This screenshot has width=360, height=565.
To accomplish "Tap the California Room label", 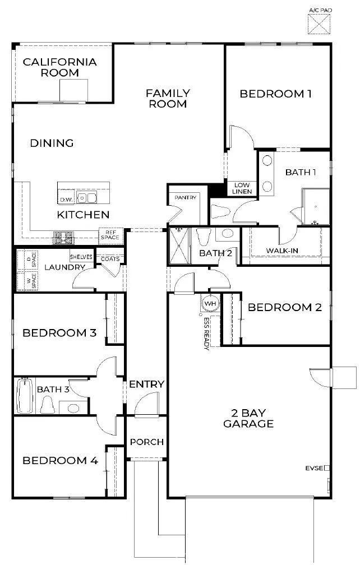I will pos(59,67).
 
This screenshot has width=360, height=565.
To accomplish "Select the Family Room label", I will pos(168,98).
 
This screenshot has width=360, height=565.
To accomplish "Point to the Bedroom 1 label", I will pos(275,94).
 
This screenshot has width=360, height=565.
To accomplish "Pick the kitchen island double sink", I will pos(87,198).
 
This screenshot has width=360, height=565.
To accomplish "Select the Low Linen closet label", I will pos(242,188).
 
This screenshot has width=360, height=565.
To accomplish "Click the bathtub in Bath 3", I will pos(25,396).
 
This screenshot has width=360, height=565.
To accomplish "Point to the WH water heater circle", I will pos(210,303).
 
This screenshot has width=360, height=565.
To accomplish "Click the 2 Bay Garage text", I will pos(248,418).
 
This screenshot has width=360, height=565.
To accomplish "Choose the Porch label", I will pos(146,442).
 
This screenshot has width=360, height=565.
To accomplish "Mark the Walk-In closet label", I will pos(281,251).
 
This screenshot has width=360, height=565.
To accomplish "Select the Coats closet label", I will pos(110,258).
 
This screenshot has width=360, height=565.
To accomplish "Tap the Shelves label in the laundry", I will pos(81,257).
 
